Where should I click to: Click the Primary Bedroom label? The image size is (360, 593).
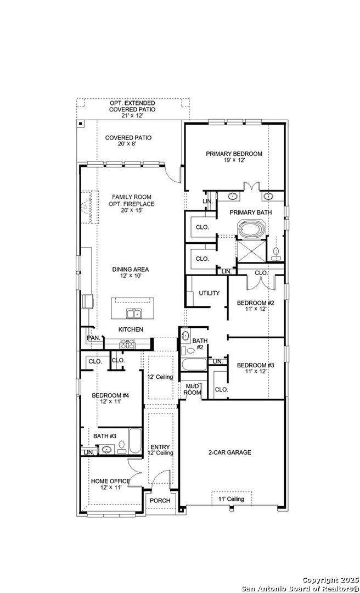234,154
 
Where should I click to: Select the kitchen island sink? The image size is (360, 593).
133,313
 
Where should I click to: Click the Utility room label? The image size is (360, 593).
209,293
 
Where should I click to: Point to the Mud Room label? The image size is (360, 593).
192,389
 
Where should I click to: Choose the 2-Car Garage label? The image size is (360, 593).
229,452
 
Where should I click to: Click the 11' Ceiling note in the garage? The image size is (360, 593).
232,499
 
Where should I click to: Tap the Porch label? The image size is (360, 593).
160,500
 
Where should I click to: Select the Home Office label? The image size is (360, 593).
110,482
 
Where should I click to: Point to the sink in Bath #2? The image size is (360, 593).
185,335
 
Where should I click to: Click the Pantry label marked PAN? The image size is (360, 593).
93,338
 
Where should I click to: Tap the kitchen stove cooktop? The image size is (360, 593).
127,344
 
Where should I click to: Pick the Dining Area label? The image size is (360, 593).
131,270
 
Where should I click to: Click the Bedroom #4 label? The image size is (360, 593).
111,395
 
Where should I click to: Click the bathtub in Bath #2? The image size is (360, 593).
194,365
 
